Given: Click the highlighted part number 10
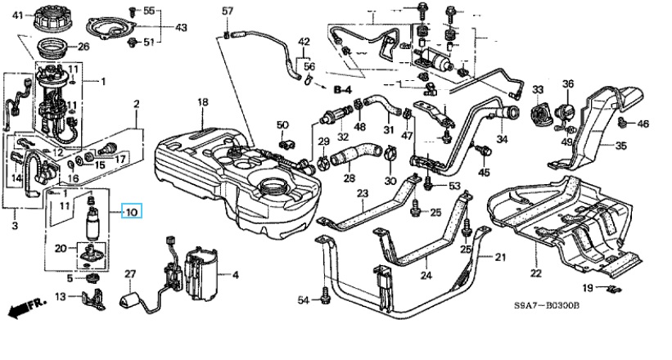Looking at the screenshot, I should (x=131, y=212).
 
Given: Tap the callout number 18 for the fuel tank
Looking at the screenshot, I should (x=203, y=101).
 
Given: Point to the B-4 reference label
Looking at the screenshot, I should (x=343, y=86).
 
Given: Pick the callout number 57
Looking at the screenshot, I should (x=228, y=11).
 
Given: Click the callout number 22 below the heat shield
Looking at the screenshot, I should (x=535, y=272).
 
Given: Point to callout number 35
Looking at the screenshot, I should (x=620, y=146).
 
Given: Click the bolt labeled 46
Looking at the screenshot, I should (x=624, y=124).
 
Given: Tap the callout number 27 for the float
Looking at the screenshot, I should (x=129, y=273).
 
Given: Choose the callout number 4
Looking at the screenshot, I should (x=235, y=273).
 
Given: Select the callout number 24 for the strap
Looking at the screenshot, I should (x=425, y=274).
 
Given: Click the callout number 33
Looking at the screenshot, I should (x=538, y=89).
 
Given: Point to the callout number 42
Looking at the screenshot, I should (x=304, y=42).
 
